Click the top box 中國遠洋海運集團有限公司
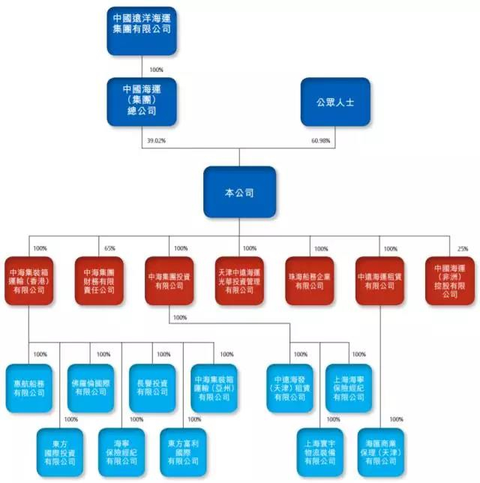[x=142, y=30]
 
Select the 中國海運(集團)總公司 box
[x=142, y=100]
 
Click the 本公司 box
[x=239, y=192]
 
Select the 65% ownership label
[x=109, y=248]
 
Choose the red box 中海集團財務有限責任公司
[x=99, y=280]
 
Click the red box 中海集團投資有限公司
[x=169, y=280]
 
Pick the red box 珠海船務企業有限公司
[x=310, y=280]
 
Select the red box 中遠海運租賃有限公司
[x=380, y=280]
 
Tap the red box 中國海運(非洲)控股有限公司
[x=449, y=280]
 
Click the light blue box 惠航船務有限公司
[x=28, y=388]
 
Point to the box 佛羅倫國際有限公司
[x=91, y=388]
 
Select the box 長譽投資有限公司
[x=152, y=388]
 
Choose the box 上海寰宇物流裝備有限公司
[x=319, y=451]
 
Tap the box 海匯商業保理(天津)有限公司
[x=381, y=451]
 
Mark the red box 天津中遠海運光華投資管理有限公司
[x=239, y=280]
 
